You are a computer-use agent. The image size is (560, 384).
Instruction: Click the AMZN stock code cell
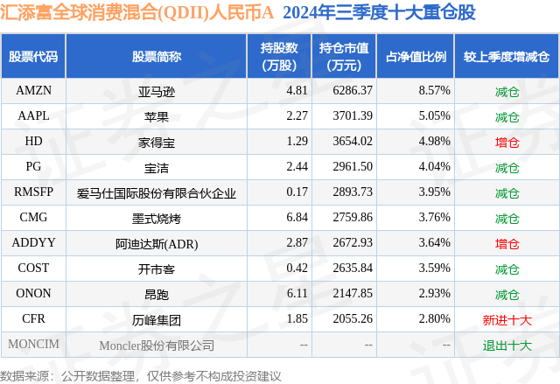click(x=33, y=90)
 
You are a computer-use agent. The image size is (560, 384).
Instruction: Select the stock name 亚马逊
click(x=157, y=91)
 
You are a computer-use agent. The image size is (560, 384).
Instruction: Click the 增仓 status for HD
click(x=507, y=142)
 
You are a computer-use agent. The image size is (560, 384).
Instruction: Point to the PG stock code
click(x=33, y=166)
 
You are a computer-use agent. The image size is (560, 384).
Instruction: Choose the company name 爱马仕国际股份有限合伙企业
click(x=157, y=192)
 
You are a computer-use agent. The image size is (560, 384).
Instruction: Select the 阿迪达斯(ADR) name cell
click(x=157, y=243)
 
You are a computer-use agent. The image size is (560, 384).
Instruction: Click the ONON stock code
click(x=33, y=294)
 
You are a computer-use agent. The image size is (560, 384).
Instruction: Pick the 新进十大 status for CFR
click(x=507, y=320)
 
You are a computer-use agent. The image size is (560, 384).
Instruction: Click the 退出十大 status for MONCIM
click(x=507, y=346)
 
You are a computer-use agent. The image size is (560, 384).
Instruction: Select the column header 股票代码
click(x=33, y=57)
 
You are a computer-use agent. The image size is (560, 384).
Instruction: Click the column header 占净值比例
click(x=416, y=57)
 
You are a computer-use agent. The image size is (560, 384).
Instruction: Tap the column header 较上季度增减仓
click(x=507, y=57)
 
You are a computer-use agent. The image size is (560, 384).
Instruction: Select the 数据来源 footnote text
click(x=141, y=375)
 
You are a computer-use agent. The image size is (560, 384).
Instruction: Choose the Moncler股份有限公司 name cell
click(x=157, y=346)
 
